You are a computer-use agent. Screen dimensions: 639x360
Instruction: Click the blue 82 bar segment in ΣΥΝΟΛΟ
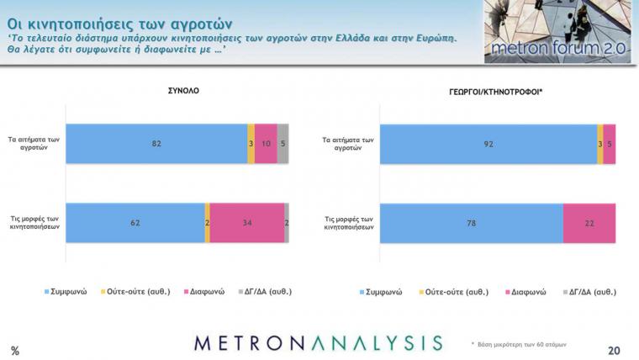pos(156,144)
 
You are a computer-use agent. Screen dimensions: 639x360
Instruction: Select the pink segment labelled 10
pos(266,144)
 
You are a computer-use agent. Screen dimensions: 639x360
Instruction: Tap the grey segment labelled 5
pos(283,144)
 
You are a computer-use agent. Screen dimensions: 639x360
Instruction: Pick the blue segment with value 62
pos(135,223)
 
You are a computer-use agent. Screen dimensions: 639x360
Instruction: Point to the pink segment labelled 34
pos(247,223)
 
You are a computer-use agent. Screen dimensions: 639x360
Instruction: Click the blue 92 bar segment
pos(488,144)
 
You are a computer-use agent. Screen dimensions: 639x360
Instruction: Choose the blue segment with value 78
pos(472,223)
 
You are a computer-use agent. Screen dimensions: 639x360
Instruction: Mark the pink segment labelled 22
pos(589,223)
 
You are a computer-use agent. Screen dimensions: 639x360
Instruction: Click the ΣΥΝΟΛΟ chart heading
pos(183,91)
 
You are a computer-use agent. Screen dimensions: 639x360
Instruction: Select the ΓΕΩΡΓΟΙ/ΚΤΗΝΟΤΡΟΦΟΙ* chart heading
pos(495,93)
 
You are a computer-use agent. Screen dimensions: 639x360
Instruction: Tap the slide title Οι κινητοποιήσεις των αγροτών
pos(119,24)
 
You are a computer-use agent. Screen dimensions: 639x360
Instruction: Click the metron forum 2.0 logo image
pos(557,31)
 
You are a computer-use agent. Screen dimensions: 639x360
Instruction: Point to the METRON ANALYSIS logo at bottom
pos(319,343)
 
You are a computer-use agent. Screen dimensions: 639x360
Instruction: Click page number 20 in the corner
pos(614,350)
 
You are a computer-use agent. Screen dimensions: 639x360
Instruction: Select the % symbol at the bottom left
pos(15,351)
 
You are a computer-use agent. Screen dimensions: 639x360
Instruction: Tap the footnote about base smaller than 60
pos(519,345)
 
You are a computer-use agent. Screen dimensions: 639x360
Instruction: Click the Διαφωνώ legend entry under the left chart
pos(204,292)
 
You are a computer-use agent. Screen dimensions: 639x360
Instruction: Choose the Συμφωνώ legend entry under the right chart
pos(381,292)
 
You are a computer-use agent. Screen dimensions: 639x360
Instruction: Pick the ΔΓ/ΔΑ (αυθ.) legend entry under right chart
pos(589,292)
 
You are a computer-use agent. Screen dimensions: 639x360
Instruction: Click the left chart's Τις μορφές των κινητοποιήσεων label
pos(34,223)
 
